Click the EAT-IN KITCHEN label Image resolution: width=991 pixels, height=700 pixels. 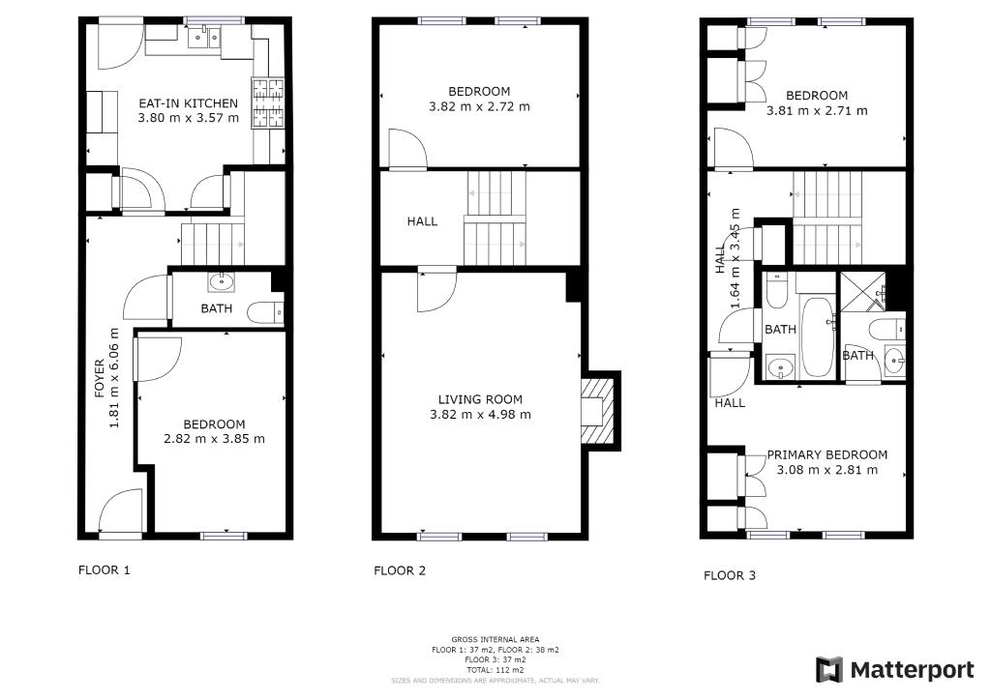click(x=189, y=102)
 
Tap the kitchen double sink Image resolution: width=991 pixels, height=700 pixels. click(x=205, y=38)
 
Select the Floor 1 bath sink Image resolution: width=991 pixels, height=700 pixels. click(x=222, y=281)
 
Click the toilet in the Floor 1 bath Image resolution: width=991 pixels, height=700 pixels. click(x=265, y=312)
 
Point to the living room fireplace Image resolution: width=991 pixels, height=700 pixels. click(x=597, y=411)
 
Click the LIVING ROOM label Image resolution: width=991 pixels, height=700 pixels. click(x=480, y=399)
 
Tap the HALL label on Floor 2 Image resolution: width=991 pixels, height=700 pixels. click(x=422, y=220)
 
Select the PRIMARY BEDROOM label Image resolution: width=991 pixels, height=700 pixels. click(x=827, y=454)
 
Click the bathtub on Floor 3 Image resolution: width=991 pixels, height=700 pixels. click(x=818, y=335)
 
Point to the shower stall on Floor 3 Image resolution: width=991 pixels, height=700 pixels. click(x=862, y=291)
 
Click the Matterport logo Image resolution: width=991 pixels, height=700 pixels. click(x=895, y=670)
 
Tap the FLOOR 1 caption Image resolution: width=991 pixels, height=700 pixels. click(x=105, y=570)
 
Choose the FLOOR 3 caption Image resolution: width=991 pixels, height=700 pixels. click(x=730, y=575)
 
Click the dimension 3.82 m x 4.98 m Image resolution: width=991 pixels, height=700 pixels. click(x=480, y=415)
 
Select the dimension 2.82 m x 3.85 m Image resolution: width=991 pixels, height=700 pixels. click(x=214, y=439)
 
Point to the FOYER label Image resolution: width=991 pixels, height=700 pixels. click(x=100, y=378)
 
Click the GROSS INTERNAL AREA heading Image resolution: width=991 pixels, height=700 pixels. click(x=495, y=639)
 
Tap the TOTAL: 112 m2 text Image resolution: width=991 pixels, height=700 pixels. click(x=495, y=670)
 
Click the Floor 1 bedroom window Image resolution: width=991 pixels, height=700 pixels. click(x=224, y=536)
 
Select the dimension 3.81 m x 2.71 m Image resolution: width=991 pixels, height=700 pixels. click(x=817, y=111)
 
